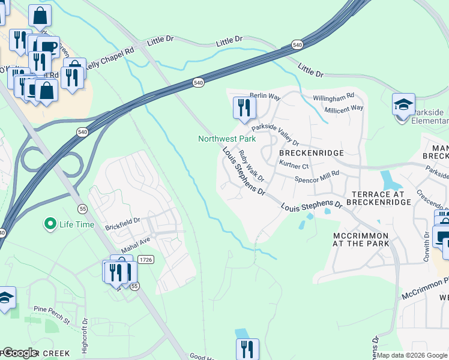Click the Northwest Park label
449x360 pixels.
click(x=227, y=139)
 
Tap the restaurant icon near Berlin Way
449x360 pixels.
click(x=244, y=108)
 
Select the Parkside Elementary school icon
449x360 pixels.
click(x=403, y=104)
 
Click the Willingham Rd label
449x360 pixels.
click(x=333, y=96)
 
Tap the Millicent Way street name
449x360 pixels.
click(x=343, y=108)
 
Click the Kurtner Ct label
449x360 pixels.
click(x=294, y=166)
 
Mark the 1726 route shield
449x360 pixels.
click(x=145, y=259)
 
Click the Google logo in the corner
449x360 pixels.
click(x=20, y=353)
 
